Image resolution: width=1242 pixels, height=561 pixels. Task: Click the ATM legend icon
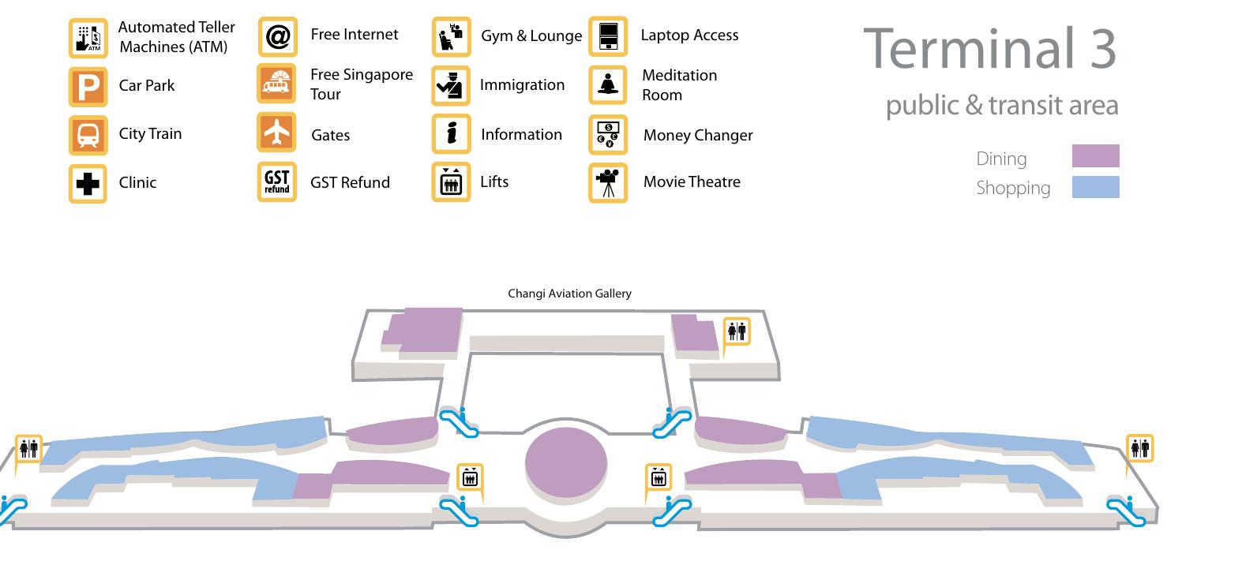tap(88, 38)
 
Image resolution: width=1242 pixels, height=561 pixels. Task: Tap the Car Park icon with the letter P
tap(88, 87)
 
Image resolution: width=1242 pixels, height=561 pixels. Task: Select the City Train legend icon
tap(88, 135)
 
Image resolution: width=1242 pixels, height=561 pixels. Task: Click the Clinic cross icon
tap(88, 184)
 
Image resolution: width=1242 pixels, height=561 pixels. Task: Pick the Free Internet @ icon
tap(278, 36)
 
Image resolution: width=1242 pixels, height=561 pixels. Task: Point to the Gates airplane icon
tap(276, 133)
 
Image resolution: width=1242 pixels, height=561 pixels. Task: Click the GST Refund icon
tap(276, 181)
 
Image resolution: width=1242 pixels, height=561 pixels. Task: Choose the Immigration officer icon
tap(451, 85)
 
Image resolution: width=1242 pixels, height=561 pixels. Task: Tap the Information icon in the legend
tap(452, 133)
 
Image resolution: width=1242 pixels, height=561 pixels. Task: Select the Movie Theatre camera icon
tap(608, 182)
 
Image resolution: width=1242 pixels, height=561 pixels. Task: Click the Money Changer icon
tap(608, 135)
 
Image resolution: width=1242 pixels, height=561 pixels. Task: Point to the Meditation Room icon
tap(608, 84)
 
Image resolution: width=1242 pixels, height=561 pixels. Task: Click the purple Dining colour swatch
tap(1096, 155)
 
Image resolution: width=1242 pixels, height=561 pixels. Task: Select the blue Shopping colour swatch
tap(1096, 187)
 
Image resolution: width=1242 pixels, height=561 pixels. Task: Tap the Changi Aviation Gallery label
tap(569, 294)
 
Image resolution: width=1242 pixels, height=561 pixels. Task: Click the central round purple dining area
tap(566, 462)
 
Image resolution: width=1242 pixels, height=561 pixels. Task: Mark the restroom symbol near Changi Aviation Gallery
tap(737, 331)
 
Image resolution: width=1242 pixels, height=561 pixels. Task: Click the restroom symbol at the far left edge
tap(29, 448)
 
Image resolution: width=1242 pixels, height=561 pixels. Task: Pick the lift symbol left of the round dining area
tap(470, 477)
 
